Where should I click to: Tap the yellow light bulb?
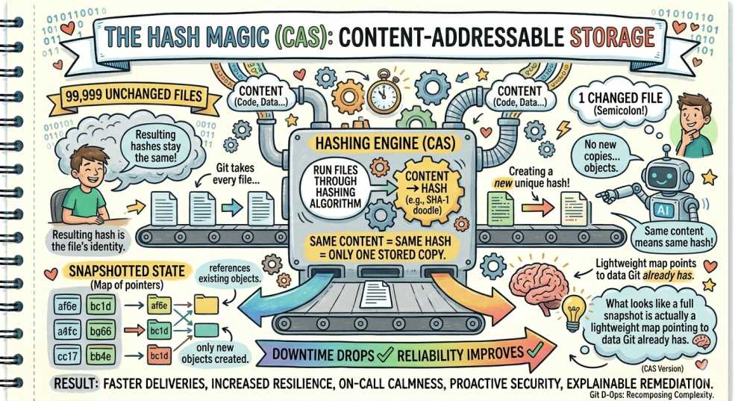click(x=572, y=314)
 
